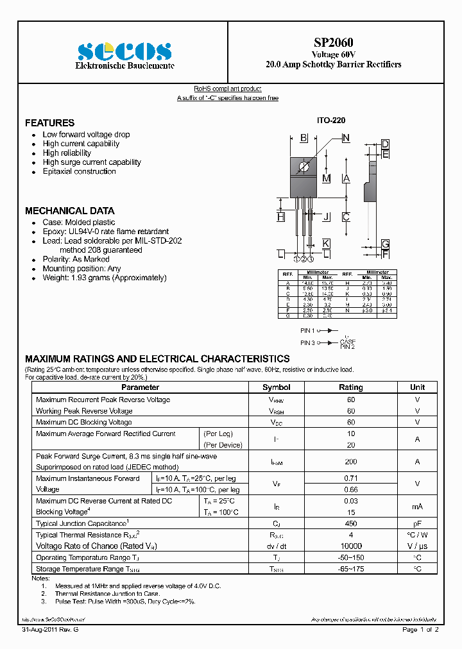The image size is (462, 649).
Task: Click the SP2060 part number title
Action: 333,42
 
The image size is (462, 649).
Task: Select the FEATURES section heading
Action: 49,122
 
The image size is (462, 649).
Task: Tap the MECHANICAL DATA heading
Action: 69,210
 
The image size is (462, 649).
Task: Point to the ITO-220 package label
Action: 332,121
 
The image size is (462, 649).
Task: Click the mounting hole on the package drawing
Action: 305,168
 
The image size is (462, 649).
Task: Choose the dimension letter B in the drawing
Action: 304,138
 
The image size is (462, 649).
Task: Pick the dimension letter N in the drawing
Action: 346,138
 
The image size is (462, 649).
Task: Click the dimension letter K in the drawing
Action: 326,243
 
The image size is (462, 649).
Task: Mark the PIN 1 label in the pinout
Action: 307,330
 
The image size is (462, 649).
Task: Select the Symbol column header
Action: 276,387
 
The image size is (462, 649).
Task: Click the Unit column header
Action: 417,387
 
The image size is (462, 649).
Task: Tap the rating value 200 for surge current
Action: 350,461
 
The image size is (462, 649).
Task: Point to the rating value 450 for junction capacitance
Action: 350,523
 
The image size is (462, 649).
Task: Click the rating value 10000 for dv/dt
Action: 350,546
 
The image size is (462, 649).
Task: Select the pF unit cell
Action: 417,523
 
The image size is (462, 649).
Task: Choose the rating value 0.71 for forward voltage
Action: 350,478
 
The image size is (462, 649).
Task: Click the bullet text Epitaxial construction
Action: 79,171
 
